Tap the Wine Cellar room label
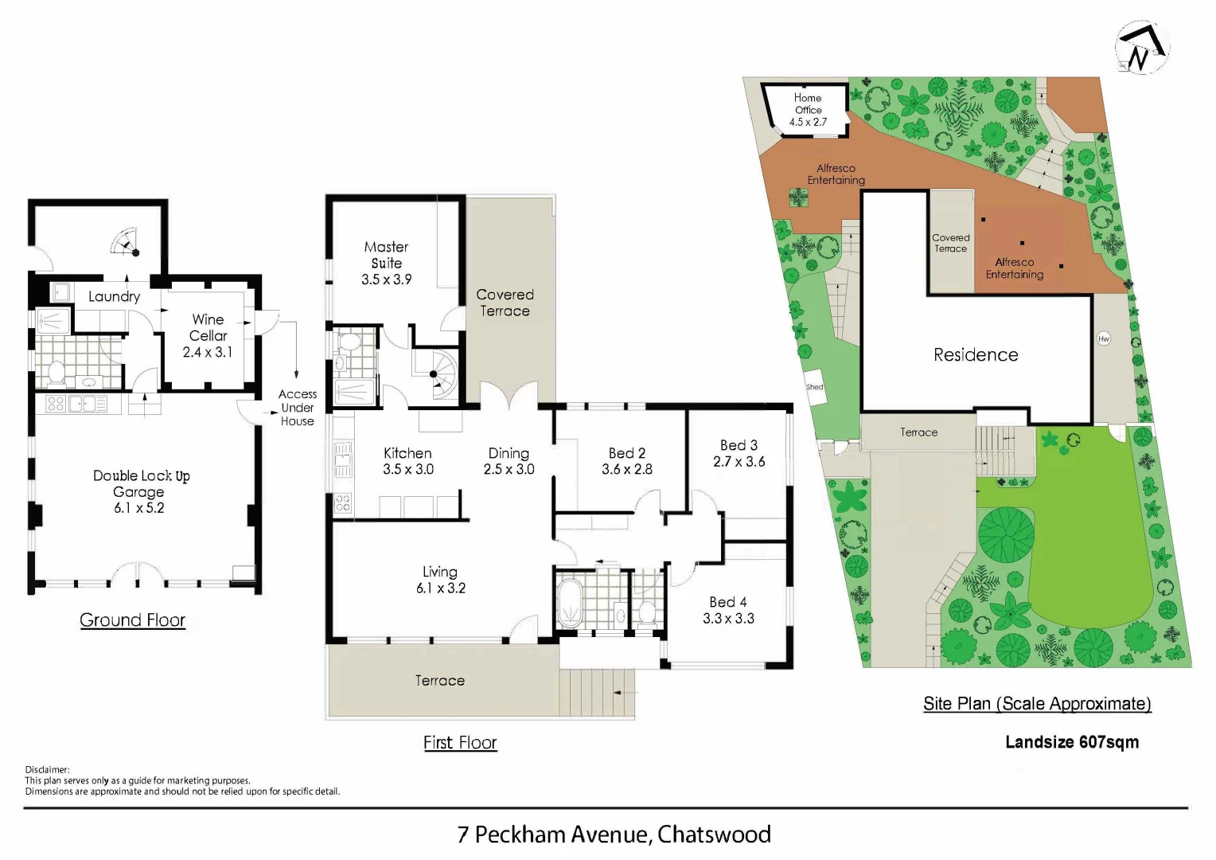click(x=208, y=327)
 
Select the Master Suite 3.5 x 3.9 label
click(x=386, y=263)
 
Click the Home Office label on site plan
click(x=808, y=104)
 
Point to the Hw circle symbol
click(x=1104, y=338)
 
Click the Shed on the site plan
click(x=816, y=388)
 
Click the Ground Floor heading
click(x=132, y=620)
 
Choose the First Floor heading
click(x=460, y=742)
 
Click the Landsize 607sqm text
click(x=1071, y=742)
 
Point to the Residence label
click(x=976, y=355)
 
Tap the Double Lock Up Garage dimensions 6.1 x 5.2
click(x=139, y=508)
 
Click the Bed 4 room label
click(x=727, y=602)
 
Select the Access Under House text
click(x=298, y=408)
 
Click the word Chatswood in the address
click(x=714, y=834)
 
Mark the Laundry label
click(x=114, y=296)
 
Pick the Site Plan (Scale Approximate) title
click(x=1037, y=704)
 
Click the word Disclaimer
click(x=48, y=769)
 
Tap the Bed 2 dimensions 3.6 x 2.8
click(x=626, y=470)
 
